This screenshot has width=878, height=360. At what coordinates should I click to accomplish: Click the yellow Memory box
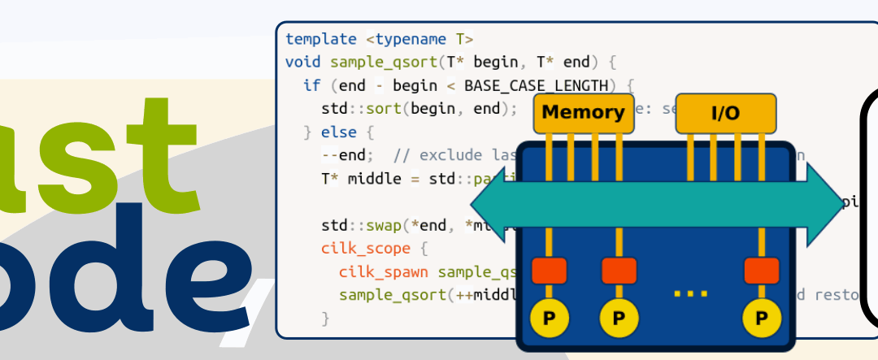tap(582, 113)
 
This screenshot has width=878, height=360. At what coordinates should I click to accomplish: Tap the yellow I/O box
tap(725, 113)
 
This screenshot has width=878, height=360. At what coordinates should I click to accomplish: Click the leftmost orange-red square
tap(549, 271)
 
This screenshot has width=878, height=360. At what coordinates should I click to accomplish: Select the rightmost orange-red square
tap(761, 271)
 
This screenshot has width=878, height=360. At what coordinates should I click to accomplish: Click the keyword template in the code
tap(321, 39)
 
